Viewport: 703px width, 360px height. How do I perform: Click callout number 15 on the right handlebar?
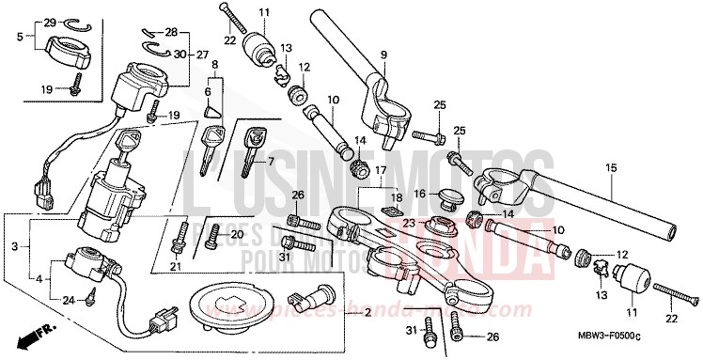click(611, 168)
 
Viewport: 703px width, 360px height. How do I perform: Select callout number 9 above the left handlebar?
click(383, 54)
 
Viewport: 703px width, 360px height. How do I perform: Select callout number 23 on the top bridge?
click(410, 223)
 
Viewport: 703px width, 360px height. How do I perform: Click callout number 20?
click(237, 234)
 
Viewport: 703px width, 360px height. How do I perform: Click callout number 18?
click(396, 197)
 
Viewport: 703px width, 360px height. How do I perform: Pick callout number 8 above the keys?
click(215, 65)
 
